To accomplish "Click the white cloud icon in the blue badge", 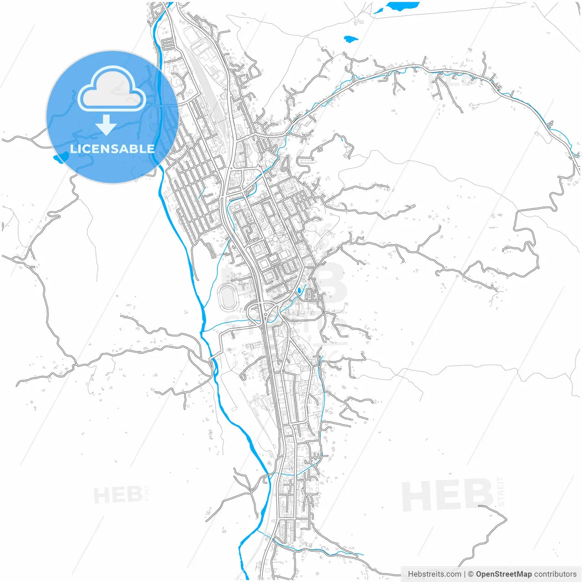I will pos(112,89).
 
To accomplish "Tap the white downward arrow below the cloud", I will pos(106,125).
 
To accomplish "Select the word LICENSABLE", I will pos(112,149).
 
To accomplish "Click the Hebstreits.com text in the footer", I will pos(434,574).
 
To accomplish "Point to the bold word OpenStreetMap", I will pos(503,574).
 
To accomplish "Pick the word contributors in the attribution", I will pos(555,574).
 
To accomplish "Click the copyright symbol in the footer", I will pos(471,574).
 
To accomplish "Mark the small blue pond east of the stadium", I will pos(299,290).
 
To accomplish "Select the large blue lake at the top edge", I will pos(402,6).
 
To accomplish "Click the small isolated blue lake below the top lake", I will pos(351,39).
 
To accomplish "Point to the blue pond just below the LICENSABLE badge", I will pos(60,158).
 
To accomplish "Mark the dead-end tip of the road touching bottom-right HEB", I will pos(479,506).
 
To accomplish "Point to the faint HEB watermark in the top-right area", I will pos(450,80).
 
